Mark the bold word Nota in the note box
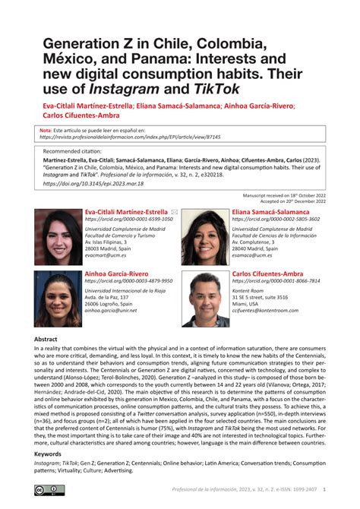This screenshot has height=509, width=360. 45,131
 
